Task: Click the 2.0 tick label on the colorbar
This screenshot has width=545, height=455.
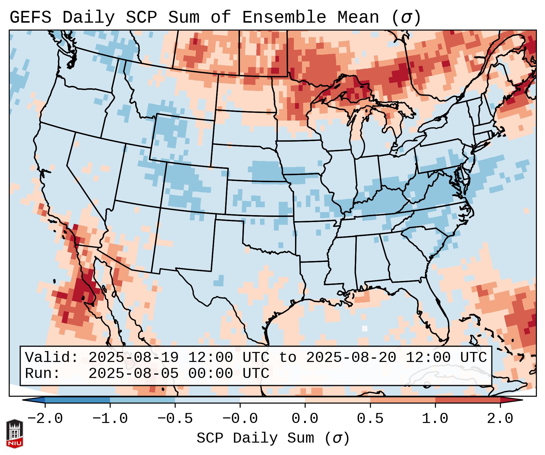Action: click(x=500, y=419)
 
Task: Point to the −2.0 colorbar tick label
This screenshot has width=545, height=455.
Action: click(x=45, y=419)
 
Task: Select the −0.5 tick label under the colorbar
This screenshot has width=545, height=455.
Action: click(x=175, y=419)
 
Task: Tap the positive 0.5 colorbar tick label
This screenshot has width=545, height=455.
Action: click(x=370, y=419)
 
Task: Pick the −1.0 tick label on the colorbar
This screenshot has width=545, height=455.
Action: click(x=110, y=419)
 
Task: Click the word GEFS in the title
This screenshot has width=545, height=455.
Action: click(x=30, y=18)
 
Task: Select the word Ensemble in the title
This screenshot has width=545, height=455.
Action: click(x=284, y=18)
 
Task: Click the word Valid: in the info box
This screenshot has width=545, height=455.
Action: click(x=52, y=358)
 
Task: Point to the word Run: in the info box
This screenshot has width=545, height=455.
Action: click(x=43, y=374)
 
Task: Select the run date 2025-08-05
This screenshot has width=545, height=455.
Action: click(x=133, y=374)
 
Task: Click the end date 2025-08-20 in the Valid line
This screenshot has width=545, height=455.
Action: click(x=351, y=358)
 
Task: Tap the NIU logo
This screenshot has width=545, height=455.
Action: click(x=15, y=434)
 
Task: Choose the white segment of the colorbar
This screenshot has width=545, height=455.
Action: click(x=272, y=400)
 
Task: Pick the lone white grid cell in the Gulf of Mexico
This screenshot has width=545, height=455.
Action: click(x=365, y=328)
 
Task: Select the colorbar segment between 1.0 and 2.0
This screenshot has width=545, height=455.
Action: click(x=468, y=400)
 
